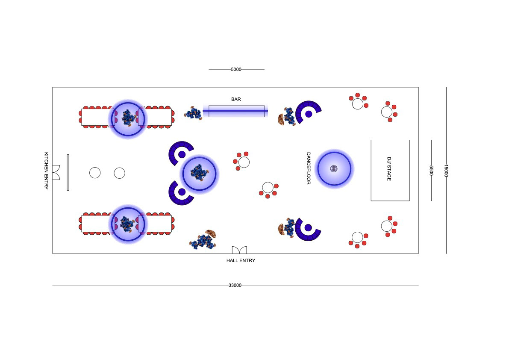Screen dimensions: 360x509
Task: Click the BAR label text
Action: coord(236,99)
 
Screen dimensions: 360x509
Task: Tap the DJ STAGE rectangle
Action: coord(390,170)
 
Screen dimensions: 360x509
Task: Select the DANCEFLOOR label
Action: coord(308,168)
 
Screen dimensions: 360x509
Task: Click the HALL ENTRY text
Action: coord(241,260)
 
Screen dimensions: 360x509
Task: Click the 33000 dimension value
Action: coord(235,286)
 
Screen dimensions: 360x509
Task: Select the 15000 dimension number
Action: coord(446,171)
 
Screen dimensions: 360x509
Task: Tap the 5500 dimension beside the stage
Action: coord(431,171)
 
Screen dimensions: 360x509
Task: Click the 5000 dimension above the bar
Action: coord(236,69)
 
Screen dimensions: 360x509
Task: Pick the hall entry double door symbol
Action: coord(239,250)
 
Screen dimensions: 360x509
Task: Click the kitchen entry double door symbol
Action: coord(56,172)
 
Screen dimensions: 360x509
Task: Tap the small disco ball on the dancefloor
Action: coord(334,168)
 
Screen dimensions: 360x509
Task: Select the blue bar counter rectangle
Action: coord(236,111)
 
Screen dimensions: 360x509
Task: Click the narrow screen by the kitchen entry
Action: coord(68,172)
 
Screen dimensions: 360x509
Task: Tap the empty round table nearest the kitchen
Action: coord(95,173)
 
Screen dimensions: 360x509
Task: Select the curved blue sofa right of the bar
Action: coord(309,110)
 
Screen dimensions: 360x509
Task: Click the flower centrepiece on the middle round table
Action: coord(199,172)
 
